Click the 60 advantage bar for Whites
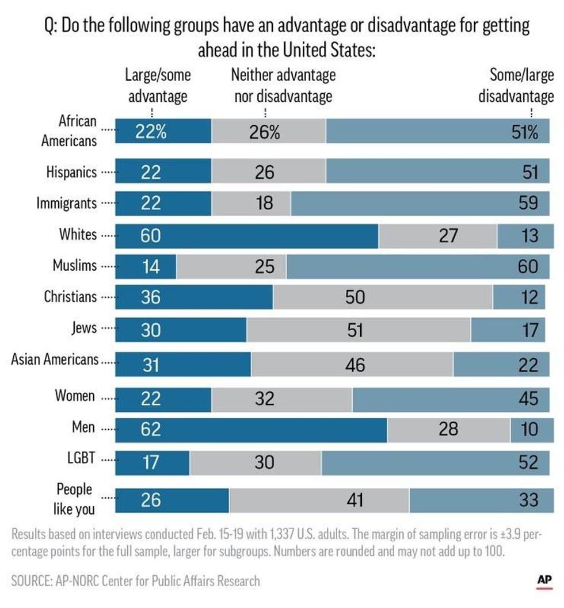click(246, 235)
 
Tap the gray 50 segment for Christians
click(383, 298)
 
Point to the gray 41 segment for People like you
click(319, 499)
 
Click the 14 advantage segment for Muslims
click(146, 266)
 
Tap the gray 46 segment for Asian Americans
click(352, 365)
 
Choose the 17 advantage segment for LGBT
click(152, 461)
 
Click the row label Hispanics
click(71, 172)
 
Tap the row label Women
click(75, 396)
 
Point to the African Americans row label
click(68, 131)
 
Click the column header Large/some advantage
click(158, 85)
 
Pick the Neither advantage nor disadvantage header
click(283, 85)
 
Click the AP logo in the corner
click(544, 581)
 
